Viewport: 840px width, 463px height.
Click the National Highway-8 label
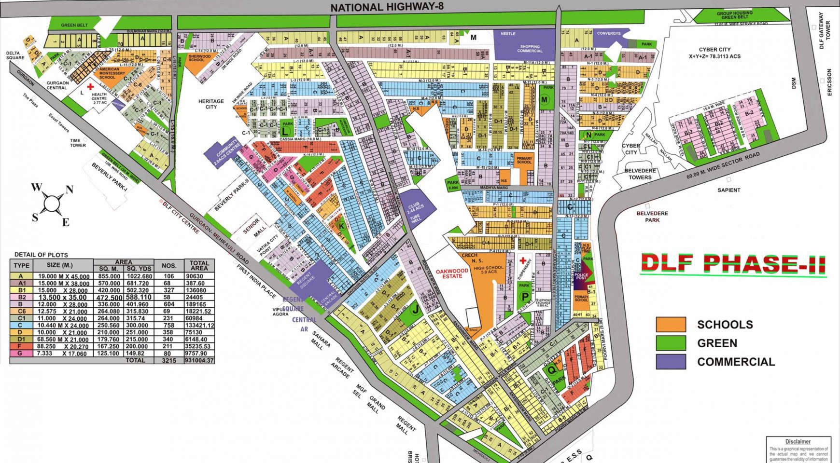pyautogui.click(x=387, y=7)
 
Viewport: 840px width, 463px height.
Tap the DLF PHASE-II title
pyautogui.click(x=733, y=263)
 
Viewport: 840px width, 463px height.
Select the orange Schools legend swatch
pyautogui.click(x=671, y=324)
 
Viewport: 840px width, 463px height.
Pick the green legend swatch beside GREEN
pyautogui.click(x=671, y=343)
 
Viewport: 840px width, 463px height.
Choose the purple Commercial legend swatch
pyautogui.click(x=671, y=362)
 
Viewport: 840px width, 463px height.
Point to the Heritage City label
pyautogui.click(x=211, y=104)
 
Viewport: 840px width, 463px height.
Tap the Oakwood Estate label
pyautogui.click(x=452, y=273)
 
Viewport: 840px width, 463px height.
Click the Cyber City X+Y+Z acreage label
pyautogui.click(x=714, y=53)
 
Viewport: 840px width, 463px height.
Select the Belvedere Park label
pyautogui.click(x=652, y=217)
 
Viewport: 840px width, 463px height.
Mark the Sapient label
pyautogui.click(x=728, y=190)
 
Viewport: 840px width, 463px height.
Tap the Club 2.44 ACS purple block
pyautogui.click(x=416, y=208)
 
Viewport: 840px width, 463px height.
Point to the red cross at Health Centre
pyautogui.click(x=90, y=87)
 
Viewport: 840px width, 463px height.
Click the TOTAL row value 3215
pyautogui.click(x=169, y=360)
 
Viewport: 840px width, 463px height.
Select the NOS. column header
pyautogui.click(x=169, y=265)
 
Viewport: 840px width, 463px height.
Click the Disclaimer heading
pyautogui.click(x=798, y=441)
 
